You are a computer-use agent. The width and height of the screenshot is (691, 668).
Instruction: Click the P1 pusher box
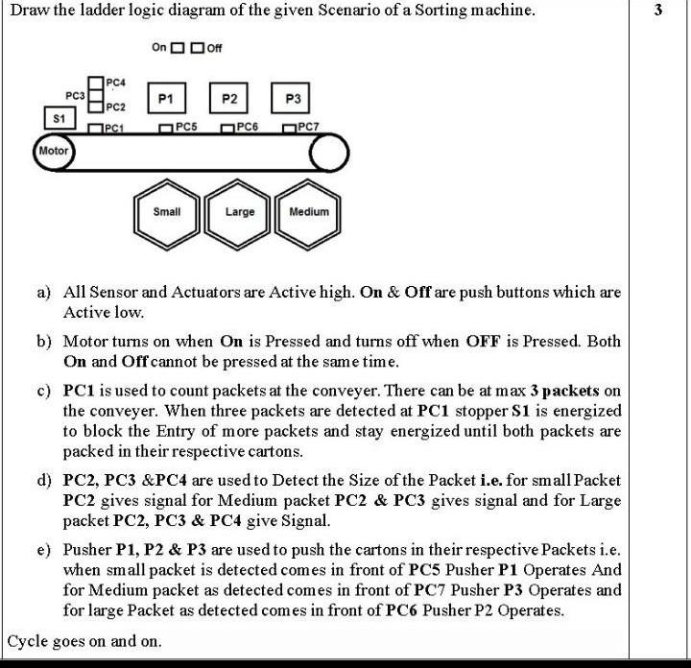[x=166, y=99]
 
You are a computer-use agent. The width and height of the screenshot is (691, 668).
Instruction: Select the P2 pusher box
[x=229, y=99]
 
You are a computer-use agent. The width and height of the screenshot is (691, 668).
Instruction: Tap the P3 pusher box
[x=294, y=99]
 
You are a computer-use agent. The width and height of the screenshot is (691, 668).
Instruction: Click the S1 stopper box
[x=60, y=118]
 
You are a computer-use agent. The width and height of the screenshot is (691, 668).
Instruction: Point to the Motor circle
[x=54, y=151]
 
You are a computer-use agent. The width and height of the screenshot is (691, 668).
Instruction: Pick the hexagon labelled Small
[x=167, y=211]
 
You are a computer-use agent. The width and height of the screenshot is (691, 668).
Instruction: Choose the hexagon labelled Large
[x=239, y=211]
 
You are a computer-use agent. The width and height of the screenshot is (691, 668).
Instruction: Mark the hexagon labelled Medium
[x=309, y=211]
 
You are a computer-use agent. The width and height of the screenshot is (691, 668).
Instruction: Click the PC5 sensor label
[x=186, y=127]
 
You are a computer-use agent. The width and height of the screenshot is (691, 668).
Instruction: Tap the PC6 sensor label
[x=247, y=127]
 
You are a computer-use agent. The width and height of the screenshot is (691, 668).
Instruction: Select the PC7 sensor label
[x=309, y=127]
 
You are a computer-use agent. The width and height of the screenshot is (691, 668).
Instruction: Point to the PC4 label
[x=115, y=83]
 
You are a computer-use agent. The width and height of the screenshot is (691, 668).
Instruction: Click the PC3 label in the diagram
[x=75, y=96]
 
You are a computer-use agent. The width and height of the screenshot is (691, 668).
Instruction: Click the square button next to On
[x=177, y=48]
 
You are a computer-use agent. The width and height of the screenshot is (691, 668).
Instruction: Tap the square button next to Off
[x=197, y=48]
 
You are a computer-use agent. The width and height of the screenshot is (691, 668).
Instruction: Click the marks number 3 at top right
[x=657, y=12]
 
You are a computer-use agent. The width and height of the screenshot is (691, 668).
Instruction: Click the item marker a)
[x=44, y=292]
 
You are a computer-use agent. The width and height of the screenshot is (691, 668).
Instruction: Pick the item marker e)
[x=44, y=550]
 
